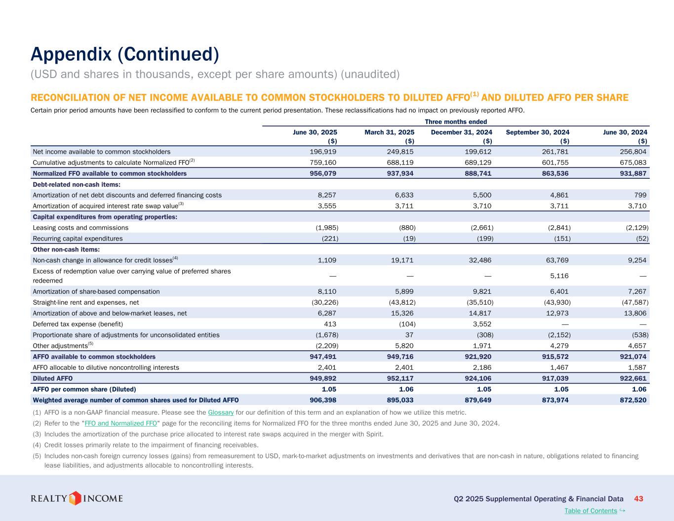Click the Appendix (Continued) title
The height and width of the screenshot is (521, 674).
coord(124,54)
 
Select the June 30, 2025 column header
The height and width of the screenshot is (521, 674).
coord(315,132)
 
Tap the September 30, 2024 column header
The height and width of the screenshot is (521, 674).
coord(538,132)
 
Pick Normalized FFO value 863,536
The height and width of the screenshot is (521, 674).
coord(554,173)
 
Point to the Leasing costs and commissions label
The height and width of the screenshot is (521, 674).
coord(80,228)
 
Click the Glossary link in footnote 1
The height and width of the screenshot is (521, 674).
coord(221,412)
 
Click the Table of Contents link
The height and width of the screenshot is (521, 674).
coord(591,511)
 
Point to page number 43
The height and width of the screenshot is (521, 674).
coord(638,499)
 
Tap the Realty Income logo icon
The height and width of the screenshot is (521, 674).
coord(75,498)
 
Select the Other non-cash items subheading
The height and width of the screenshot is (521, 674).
coord(66,249)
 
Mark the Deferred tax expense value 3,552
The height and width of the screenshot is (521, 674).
coord(481,324)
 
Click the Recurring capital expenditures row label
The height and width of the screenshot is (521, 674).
coord(78,239)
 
